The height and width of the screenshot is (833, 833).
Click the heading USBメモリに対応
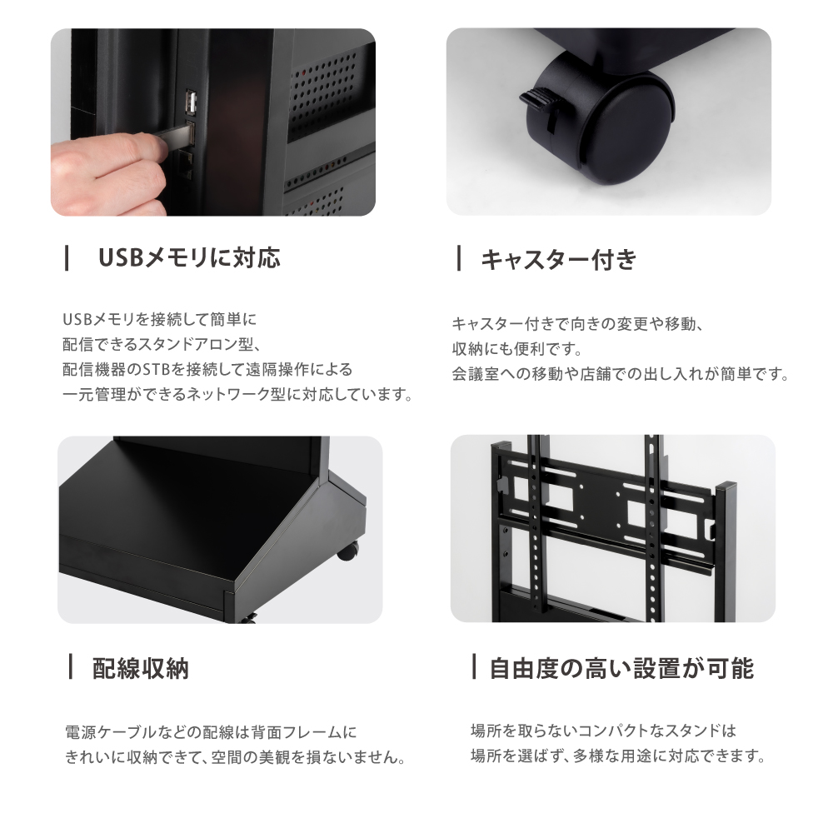189,258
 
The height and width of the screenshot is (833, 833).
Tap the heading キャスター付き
558,260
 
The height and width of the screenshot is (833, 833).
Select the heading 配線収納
140,668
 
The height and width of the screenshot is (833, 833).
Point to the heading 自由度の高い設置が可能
621,668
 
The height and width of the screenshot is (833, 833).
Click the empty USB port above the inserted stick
191,102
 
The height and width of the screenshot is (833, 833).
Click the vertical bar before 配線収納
70,666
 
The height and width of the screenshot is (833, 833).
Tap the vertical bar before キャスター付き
458,258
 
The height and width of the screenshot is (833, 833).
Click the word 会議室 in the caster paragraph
476,374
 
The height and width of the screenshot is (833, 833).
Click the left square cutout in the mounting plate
558,498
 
